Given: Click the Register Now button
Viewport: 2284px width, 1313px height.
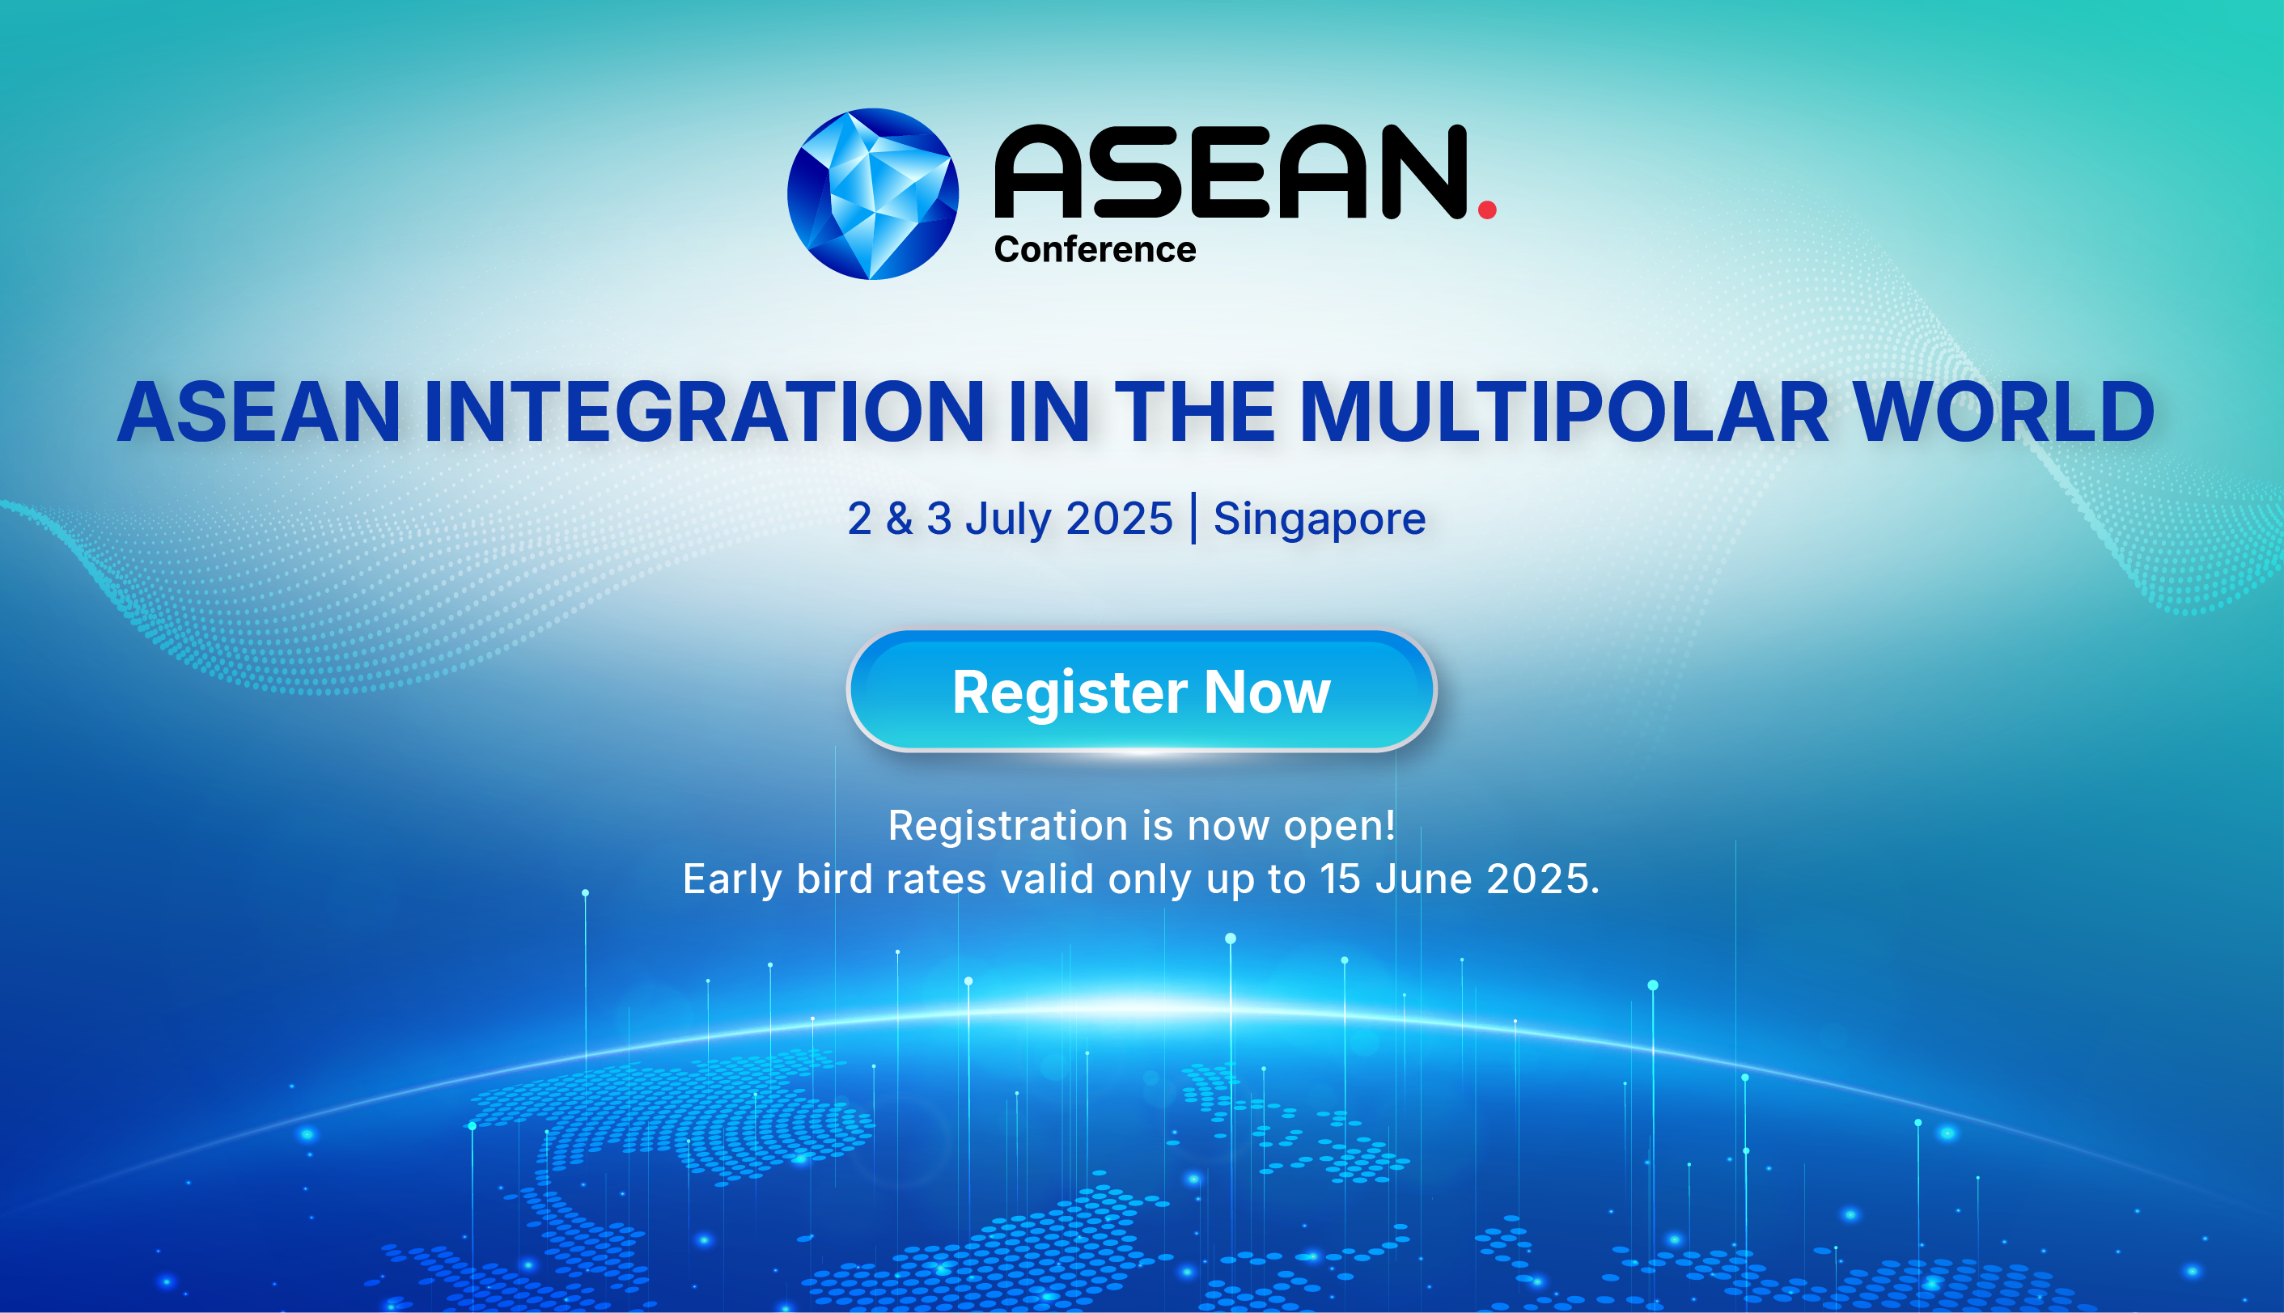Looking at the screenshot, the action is coord(1142,691).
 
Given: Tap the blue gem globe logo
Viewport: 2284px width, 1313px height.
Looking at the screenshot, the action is coord(873,194).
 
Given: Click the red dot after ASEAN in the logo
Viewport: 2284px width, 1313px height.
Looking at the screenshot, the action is coord(1487,210).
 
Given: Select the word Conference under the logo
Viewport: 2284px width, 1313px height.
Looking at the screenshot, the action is coord(1095,250).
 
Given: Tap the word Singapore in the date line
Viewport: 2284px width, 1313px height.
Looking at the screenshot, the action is coord(1319,519).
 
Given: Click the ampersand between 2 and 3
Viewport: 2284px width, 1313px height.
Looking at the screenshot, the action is coord(899,519).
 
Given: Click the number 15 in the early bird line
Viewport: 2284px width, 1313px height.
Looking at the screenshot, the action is coord(1341,879).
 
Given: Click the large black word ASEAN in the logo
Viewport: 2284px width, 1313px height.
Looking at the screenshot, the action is coord(1231,172).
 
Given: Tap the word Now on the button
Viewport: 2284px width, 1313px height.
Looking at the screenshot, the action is coord(1267,693).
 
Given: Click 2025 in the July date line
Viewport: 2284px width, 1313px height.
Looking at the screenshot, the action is coord(1119,519).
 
